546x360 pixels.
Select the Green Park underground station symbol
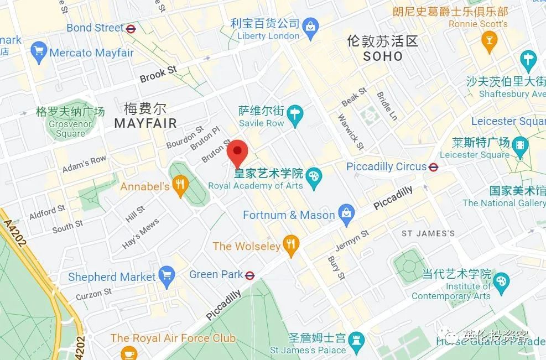(250, 275)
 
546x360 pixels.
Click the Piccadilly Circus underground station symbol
(434, 166)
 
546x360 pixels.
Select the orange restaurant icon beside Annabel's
(180, 186)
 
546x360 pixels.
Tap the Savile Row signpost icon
(296, 115)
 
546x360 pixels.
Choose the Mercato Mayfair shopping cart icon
(39, 53)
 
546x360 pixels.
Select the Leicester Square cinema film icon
(521, 147)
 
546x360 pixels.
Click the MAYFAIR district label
(145, 123)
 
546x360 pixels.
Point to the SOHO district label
(383, 56)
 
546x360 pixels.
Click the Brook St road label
(158, 75)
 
